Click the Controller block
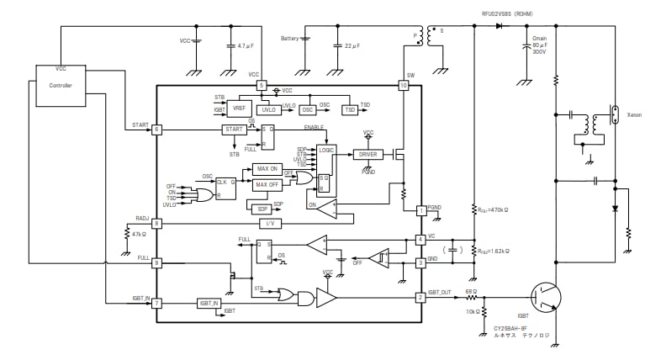pyautogui.click(x=61, y=85)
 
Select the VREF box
pyautogui.click(x=240, y=107)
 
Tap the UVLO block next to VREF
pyautogui.click(x=267, y=110)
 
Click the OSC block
pyautogui.click(x=307, y=110)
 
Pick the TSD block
pyautogui.click(x=349, y=110)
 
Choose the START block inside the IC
pyautogui.click(x=234, y=130)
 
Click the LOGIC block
pyautogui.click(x=327, y=149)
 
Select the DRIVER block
pyautogui.click(x=368, y=154)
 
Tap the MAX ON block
pyautogui.click(x=268, y=168)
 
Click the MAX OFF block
pyautogui.click(x=268, y=184)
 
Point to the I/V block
pyautogui.click(x=268, y=223)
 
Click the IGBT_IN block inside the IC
pyautogui.click(x=209, y=303)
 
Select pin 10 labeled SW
pyautogui.click(x=403, y=85)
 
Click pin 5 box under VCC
pyautogui.click(x=262, y=85)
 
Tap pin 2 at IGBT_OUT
pyautogui.click(x=420, y=296)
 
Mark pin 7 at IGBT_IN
pyautogui.click(x=156, y=303)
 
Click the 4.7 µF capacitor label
pyautogui.click(x=246, y=46)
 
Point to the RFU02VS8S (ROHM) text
pyautogui.click(x=507, y=13)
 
